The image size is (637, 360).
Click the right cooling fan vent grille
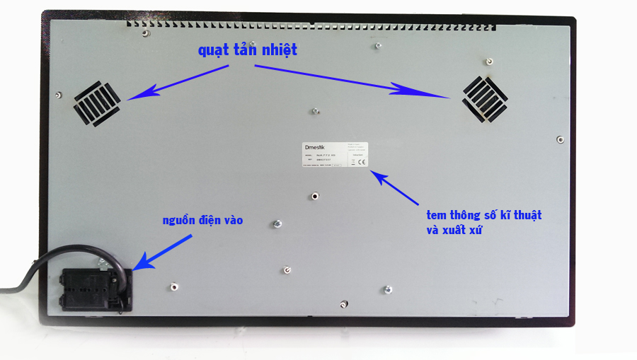(486, 98)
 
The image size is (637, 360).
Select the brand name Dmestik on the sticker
(312, 147)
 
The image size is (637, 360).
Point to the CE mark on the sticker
(361, 162)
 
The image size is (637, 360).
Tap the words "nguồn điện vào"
(202, 221)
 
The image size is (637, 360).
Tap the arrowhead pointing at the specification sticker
(379, 175)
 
